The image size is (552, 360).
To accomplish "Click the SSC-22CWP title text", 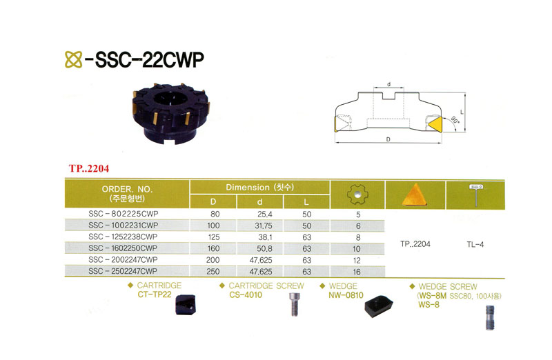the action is (145, 59).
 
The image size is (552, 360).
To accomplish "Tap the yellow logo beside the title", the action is (74, 59).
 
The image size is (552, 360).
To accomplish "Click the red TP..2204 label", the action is (89, 168).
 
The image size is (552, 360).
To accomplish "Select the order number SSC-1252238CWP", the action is (123, 237).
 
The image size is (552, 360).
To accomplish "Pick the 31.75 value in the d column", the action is (264, 226).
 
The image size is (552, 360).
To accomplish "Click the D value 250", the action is (213, 271).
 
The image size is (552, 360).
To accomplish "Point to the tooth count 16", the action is (357, 272).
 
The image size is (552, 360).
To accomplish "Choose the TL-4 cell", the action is (475, 244).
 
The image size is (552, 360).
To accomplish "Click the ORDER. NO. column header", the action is (127, 189).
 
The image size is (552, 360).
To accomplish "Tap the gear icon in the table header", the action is (357, 194).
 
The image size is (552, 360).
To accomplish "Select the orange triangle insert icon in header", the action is (415, 194).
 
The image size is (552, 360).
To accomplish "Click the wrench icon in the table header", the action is (476, 194).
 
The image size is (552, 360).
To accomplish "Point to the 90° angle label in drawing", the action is (455, 119).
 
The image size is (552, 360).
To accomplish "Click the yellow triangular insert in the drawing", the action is (435, 125).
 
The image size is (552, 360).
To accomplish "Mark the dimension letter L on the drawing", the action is (462, 112).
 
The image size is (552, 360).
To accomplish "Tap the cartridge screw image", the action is (295, 303).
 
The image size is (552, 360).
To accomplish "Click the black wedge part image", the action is (378, 306).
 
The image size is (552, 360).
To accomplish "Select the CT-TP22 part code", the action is (155, 294).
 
